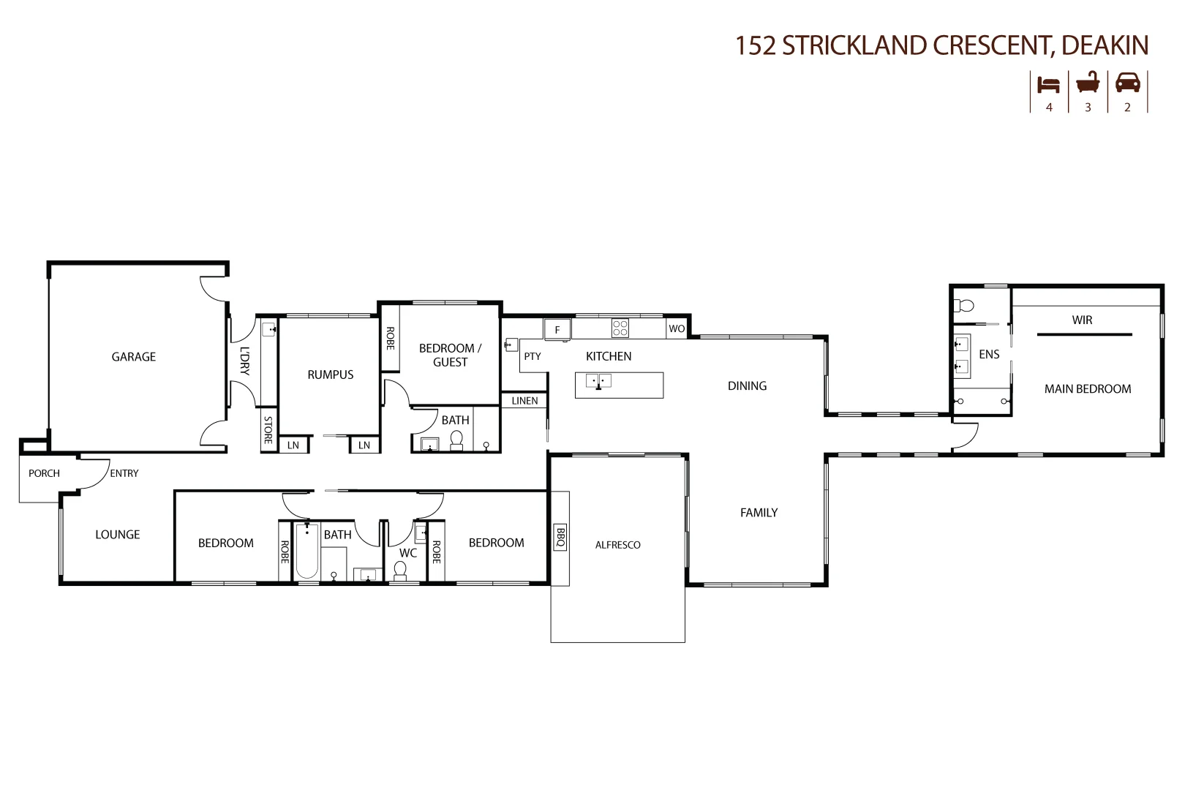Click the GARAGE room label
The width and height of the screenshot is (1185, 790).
133,357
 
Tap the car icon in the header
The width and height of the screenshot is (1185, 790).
1127,83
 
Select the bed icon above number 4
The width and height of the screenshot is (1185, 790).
1048,84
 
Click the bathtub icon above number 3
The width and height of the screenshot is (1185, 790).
1088,83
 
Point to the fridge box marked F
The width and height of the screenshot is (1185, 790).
557,330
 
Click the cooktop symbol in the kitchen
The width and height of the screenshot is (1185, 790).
620,328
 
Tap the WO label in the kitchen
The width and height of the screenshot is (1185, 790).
677,329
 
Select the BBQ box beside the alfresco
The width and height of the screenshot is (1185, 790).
560,538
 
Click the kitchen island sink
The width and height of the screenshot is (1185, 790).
598,381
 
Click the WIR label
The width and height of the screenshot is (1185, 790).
1082,320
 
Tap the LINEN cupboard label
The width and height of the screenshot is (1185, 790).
524,401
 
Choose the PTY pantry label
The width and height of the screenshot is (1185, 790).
532,356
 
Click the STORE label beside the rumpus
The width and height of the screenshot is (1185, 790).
268,430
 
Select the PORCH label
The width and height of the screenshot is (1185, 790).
44,473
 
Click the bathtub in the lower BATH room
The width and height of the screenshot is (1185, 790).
306,552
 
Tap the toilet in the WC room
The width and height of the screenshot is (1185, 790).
400,570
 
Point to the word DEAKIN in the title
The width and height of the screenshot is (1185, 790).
1105,45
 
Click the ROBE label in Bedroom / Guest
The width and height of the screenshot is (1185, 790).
390,338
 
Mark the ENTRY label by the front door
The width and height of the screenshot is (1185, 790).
124,473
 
